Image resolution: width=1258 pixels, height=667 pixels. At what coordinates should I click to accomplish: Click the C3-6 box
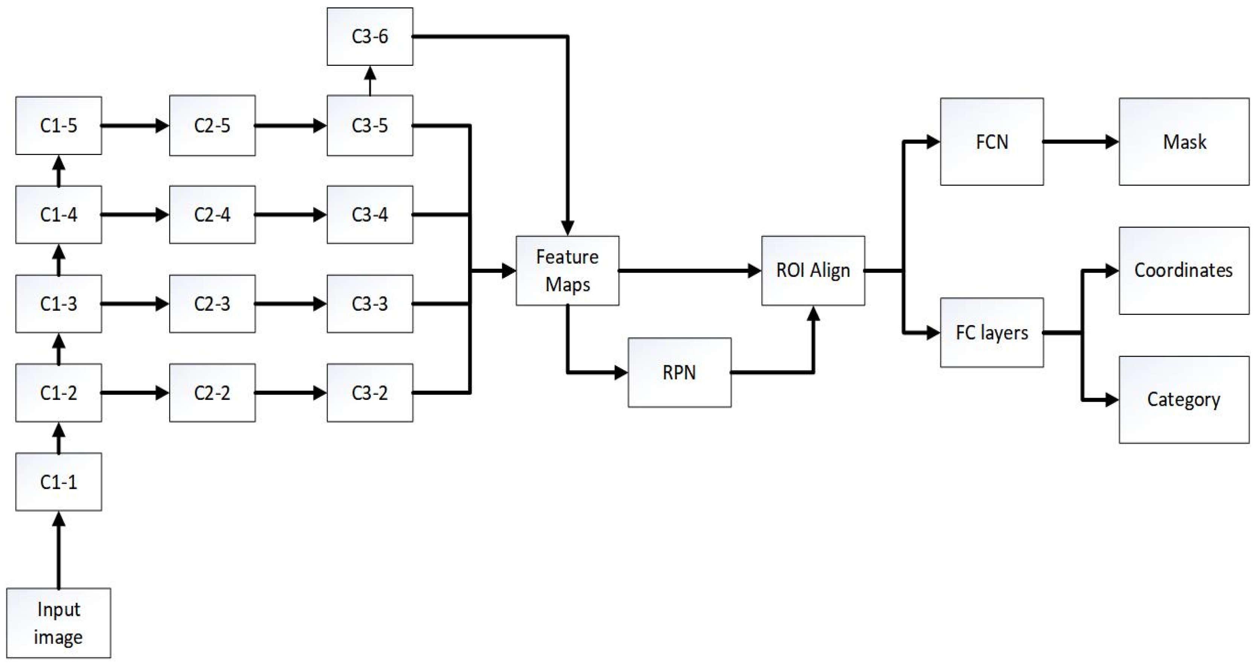click(370, 36)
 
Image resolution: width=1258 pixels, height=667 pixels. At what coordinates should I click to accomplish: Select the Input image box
click(59, 623)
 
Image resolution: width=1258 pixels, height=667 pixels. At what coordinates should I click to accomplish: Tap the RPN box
click(679, 372)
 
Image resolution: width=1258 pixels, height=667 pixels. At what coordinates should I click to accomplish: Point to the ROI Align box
click(813, 271)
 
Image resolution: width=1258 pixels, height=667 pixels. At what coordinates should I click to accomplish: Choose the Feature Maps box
click(567, 271)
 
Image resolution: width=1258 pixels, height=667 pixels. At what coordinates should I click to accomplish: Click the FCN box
click(992, 141)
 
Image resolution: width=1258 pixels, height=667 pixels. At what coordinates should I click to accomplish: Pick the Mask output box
click(1184, 141)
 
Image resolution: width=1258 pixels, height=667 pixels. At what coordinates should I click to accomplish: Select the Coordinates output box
click(1184, 271)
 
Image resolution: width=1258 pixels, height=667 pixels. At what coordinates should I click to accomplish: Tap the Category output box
click(1184, 400)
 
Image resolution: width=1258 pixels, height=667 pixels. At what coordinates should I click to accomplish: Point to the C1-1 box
click(59, 482)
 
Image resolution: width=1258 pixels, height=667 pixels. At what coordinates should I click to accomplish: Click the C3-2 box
click(370, 393)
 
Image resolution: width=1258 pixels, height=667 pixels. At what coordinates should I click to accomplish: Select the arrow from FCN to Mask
click(1081, 142)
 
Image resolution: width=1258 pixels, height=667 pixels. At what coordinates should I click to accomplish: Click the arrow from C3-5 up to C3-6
click(370, 81)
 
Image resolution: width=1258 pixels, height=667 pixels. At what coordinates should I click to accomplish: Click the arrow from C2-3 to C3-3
click(291, 304)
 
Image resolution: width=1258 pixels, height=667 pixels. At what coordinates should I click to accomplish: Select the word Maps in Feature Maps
click(567, 284)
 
